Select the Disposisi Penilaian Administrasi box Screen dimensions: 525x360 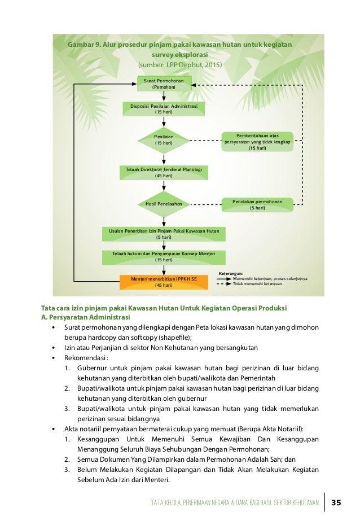coord(164,108)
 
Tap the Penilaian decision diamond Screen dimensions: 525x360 coord(164,140)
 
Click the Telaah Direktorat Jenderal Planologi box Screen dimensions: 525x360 coord(164,172)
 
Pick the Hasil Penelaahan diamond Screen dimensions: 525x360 coord(164,203)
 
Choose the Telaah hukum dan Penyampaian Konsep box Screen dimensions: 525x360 coord(164,257)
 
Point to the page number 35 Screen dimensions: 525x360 coord(337,502)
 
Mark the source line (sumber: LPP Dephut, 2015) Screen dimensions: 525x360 coord(181,65)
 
